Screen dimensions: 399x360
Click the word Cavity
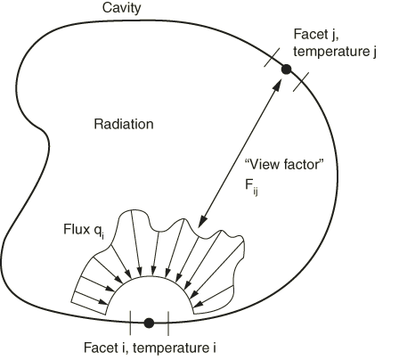pos(121,8)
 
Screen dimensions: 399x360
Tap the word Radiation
pos(124,124)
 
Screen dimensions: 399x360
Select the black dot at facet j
pos(286,70)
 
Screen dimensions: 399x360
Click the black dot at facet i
pos(149,323)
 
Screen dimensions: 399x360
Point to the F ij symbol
pos(251,187)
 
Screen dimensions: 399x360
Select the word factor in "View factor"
pos(304,164)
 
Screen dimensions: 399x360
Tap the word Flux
pos(77,229)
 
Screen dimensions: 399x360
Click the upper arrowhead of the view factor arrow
pos(278,83)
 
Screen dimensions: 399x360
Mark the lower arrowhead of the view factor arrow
pos(202,221)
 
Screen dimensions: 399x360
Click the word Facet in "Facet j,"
pos(310,34)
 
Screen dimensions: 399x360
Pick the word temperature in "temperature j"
pos(330,52)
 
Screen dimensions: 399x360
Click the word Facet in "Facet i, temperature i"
pos(100,348)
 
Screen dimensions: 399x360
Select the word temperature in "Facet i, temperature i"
pos(171,348)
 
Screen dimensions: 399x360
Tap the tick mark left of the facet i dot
pos(130,323)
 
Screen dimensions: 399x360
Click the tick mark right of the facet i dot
pos(168,323)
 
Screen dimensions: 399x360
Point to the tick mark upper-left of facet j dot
pos(272,58)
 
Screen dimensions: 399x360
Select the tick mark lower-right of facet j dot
pos(301,82)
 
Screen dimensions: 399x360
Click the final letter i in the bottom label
pos(214,348)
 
